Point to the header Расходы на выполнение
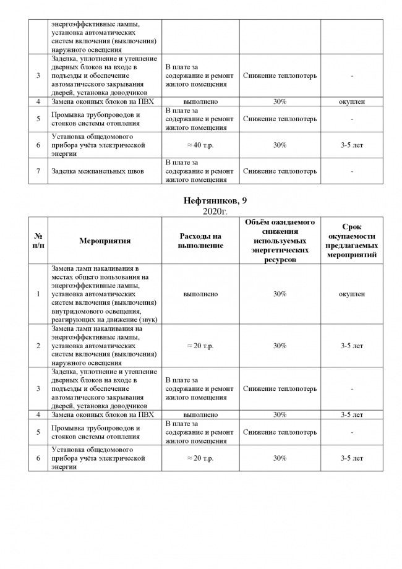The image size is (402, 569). coord(200,241)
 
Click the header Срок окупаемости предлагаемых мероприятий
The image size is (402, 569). coord(351,241)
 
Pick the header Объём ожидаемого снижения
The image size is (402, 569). coord(280,241)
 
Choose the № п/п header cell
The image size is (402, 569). coord(38,241)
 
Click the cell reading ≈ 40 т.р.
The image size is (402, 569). coord(200,145)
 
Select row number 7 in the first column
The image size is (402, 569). coord(38,171)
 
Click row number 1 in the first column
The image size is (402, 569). coord(38,294)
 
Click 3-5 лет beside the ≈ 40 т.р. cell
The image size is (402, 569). coord(351,145)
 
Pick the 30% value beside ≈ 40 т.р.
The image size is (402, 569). coord(280,145)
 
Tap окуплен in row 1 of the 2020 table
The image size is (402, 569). coord(351,294)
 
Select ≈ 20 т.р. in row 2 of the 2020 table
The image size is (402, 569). coord(200,346)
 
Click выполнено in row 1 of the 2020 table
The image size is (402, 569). coord(200,294)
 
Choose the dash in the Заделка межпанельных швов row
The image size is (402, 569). coord(351,171)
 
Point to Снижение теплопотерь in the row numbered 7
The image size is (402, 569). coord(280,171)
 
